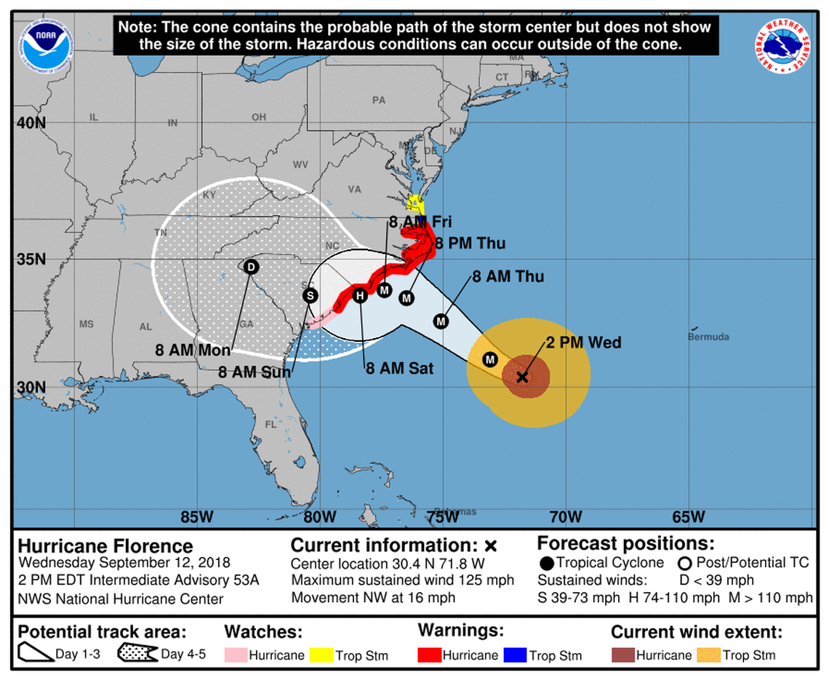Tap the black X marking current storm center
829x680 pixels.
pyautogui.click(x=522, y=377)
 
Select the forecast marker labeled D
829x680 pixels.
pyautogui.click(x=251, y=267)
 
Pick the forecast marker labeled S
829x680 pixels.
pyautogui.click(x=311, y=295)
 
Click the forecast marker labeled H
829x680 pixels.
pyautogui.click(x=359, y=295)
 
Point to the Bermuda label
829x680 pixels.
pyautogui.click(x=708, y=337)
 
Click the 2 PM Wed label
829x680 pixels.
pyautogui.click(x=583, y=343)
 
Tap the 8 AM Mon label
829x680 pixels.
pyautogui.click(x=192, y=350)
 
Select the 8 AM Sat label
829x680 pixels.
pyautogui.click(x=399, y=369)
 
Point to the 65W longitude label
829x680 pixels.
pyautogui.click(x=688, y=517)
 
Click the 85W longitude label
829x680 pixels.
pyautogui.click(x=196, y=517)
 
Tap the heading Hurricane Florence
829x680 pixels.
pyautogui.click(x=105, y=546)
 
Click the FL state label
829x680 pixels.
pyautogui.click(x=271, y=424)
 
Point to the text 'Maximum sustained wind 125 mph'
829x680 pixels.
pyautogui.click(x=402, y=580)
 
